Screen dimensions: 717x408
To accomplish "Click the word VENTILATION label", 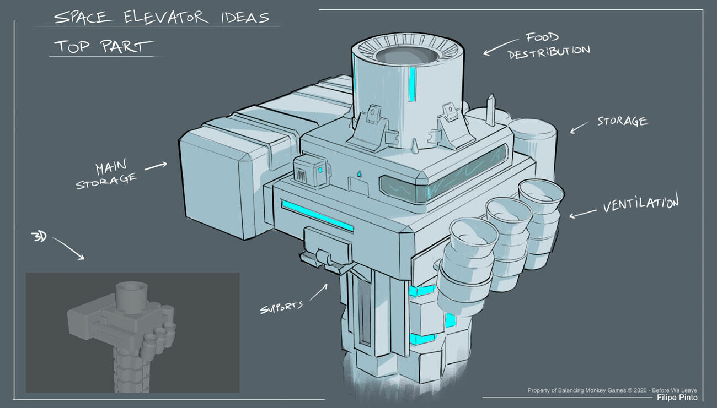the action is tap(640, 204).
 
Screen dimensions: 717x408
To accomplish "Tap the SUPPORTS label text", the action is tap(281, 307).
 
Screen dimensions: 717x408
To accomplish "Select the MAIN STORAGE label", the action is tap(106, 175).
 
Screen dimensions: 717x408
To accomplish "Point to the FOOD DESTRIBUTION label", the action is tap(548, 46).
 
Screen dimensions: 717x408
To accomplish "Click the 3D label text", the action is tap(39, 237).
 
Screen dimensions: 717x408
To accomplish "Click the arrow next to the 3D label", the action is tap(68, 248).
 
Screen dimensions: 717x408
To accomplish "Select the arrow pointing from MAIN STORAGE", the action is tap(156, 166).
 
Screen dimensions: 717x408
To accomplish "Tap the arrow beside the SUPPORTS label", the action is tap(318, 292).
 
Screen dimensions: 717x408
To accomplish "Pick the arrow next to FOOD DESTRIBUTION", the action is tap(500, 47).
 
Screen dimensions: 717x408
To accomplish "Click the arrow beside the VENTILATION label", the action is tap(583, 214).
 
